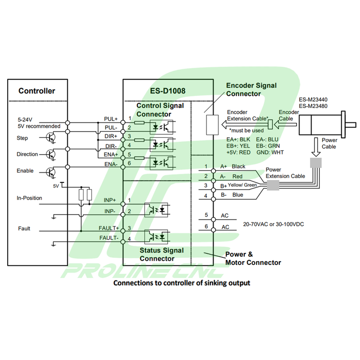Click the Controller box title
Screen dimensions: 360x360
click(x=36, y=91)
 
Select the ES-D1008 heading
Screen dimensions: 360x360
click(x=168, y=90)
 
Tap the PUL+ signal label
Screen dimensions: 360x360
click(x=111, y=119)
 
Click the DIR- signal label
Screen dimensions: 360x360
click(x=111, y=146)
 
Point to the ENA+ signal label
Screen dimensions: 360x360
click(x=111, y=155)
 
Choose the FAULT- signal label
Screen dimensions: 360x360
click(x=109, y=238)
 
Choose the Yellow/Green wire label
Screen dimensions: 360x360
click(x=242, y=185)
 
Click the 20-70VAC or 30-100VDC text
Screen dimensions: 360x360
click(x=274, y=224)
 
